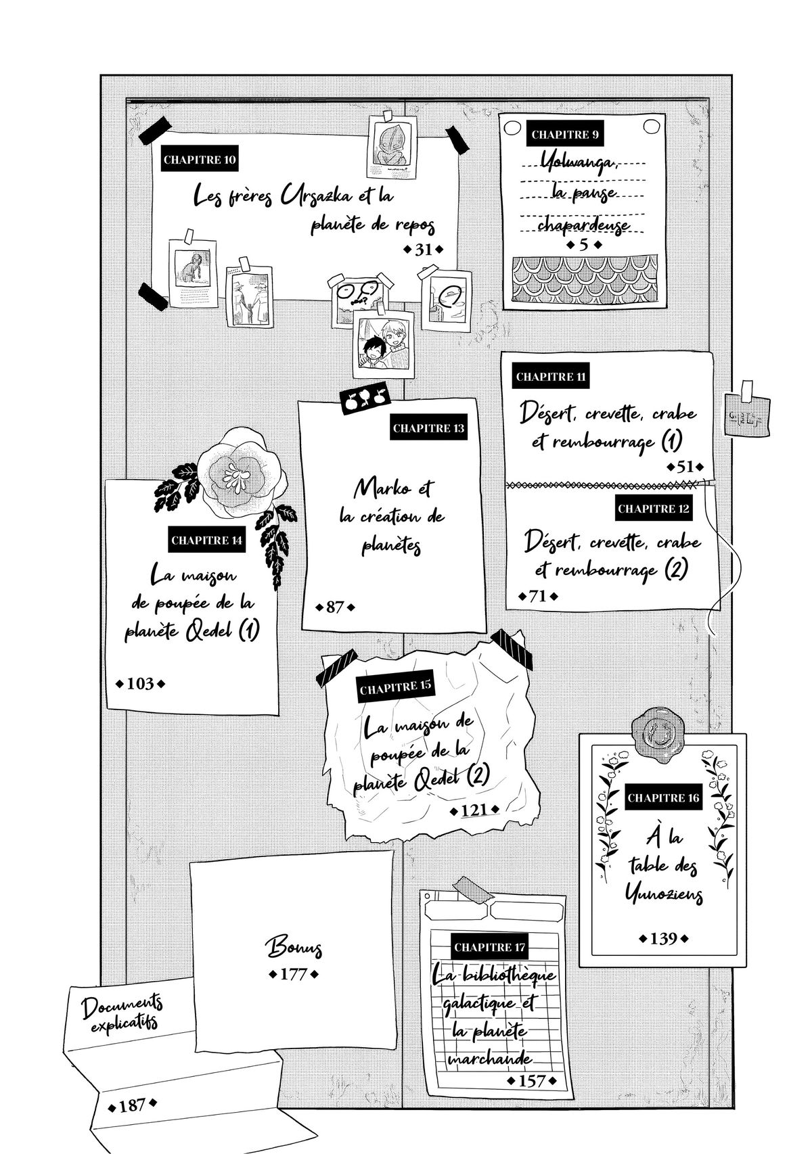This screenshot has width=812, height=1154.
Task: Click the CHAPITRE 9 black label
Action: click(x=565, y=135)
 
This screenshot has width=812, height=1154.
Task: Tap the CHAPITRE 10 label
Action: click(x=200, y=160)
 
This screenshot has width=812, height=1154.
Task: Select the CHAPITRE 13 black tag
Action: click(x=429, y=428)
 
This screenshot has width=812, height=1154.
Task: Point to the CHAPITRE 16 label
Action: click(x=662, y=798)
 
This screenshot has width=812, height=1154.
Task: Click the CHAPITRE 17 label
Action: click(x=489, y=948)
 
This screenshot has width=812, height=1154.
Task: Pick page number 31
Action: click(x=423, y=250)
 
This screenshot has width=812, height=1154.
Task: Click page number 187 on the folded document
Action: click(x=132, y=1105)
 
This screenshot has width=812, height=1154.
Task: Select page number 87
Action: click(x=335, y=607)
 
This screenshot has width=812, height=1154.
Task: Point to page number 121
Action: click(x=474, y=810)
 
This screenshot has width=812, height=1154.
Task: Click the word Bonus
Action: click(x=293, y=947)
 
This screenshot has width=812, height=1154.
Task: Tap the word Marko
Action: click(x=394, y=488)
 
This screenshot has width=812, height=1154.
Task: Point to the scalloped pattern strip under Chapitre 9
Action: click(x=584, y=278)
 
